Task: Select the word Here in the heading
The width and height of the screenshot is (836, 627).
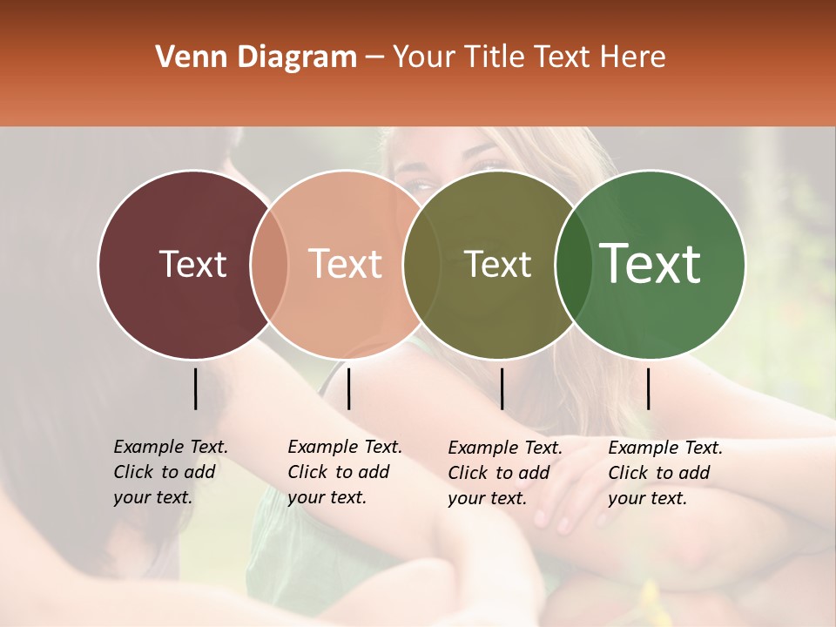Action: tap(634, 57)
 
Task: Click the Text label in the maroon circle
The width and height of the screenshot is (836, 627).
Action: tap(192, 264)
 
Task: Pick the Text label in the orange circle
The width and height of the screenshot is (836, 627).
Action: tap(346, 264)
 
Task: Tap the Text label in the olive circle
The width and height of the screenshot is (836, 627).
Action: tap(497, 264)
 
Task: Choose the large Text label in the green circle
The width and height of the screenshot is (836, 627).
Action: tap(651, 264)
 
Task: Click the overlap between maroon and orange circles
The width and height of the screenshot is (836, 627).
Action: tap(269, 264)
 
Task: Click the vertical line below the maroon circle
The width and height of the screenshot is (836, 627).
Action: tap(195, 388)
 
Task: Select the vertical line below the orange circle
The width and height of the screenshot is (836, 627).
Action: tap(348, 388)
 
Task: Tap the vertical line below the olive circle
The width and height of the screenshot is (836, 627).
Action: tap(502, 388)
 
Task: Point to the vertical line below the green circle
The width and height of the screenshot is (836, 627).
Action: tap(648, 388)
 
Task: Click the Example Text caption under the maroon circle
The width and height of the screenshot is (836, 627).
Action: tap(170, 472)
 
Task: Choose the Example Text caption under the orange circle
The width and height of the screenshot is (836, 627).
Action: tap(344, 472)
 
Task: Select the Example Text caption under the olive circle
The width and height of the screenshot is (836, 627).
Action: tap(504, 473)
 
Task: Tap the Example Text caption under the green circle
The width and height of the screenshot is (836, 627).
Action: tap(664, 473)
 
